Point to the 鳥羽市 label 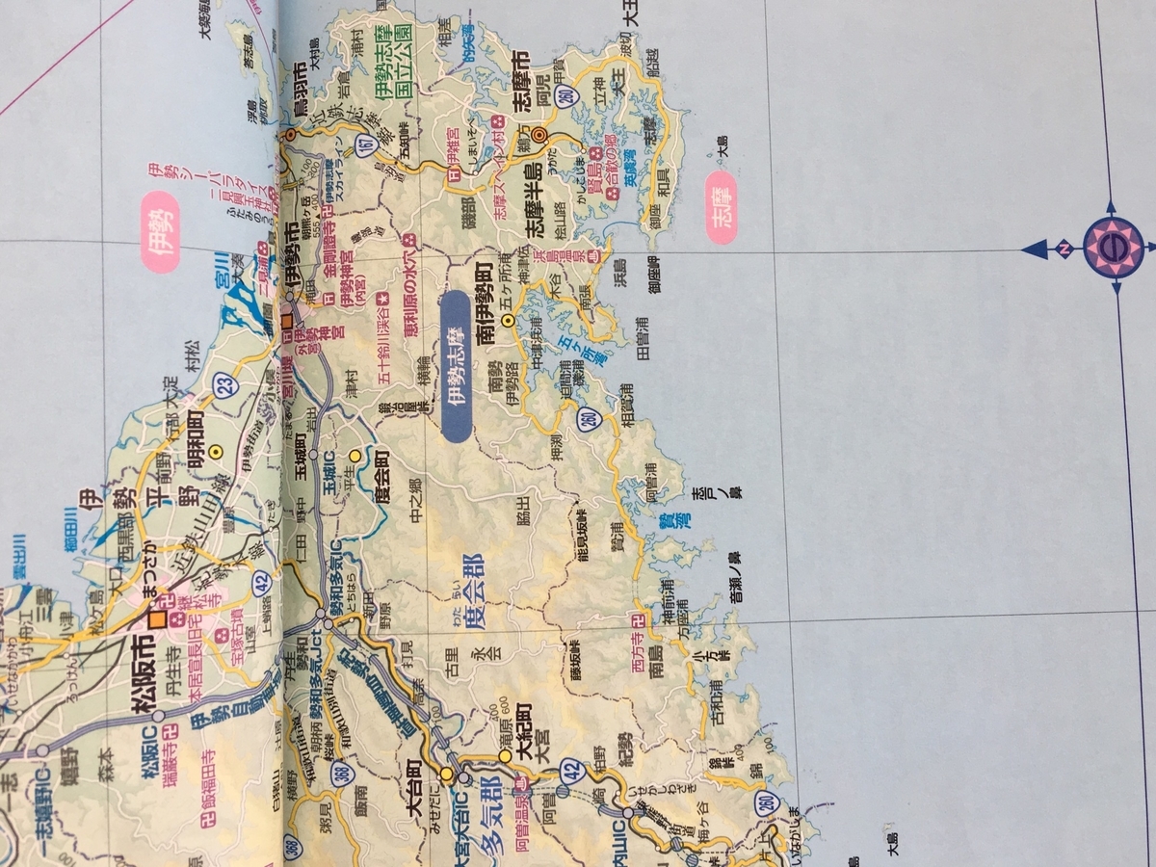click(x=300, y=88)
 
